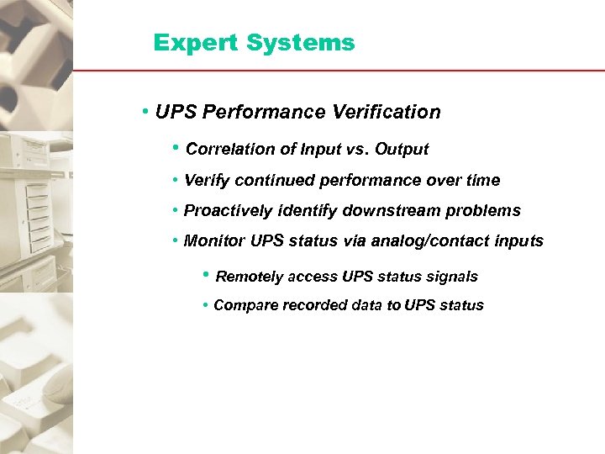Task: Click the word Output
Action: tap(402, 150)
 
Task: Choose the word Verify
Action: tap(207, 181)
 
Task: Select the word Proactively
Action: tap(228, 211)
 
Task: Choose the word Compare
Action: tap(243, 305)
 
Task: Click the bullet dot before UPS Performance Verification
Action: tap(146, 112)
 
